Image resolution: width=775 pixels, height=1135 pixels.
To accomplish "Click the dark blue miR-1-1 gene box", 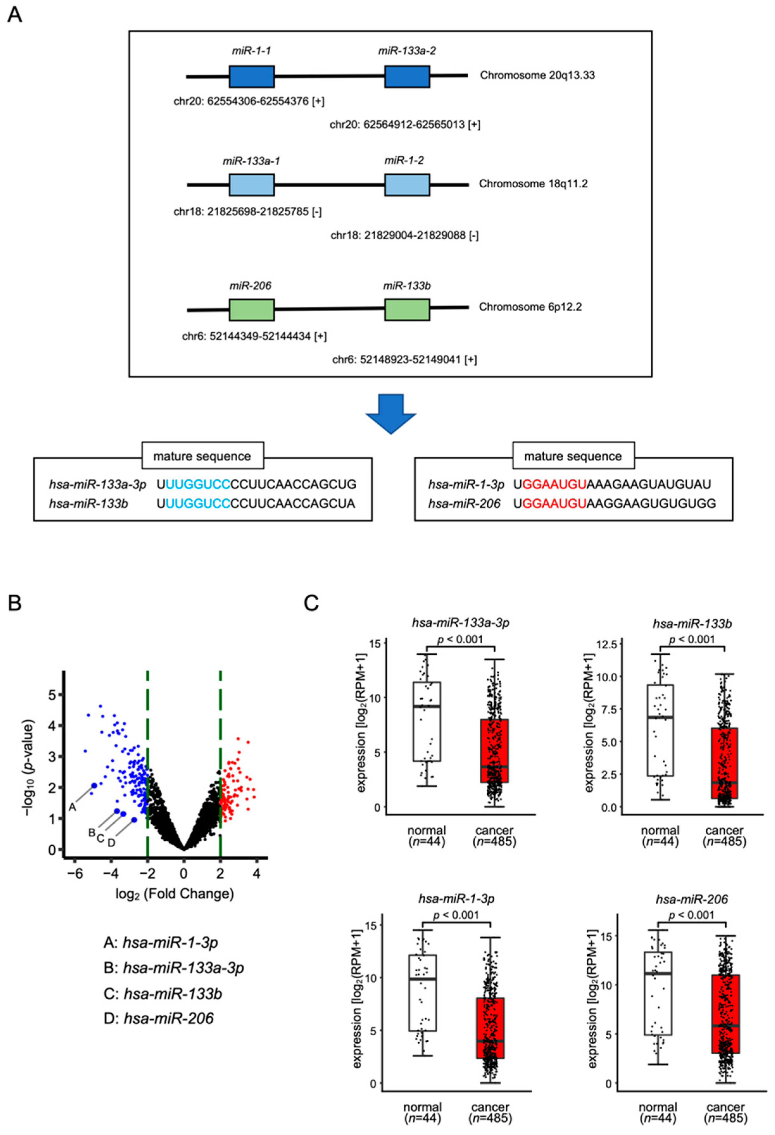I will coord(252,77).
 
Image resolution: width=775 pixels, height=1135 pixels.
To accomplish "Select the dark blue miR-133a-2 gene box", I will coord(407,77).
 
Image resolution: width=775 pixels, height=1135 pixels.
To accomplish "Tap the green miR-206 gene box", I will coord(252,310).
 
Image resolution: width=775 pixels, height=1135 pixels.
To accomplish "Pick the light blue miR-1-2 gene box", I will coord(407,185).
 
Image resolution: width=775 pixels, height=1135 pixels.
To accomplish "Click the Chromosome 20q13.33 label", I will coord(537,75).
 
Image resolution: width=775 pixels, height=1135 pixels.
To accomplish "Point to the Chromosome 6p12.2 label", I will coord(530,307).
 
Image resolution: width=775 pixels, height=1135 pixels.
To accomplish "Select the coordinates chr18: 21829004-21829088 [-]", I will coord(404,236).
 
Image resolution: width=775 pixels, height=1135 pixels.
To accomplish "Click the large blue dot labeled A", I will coord(94,785).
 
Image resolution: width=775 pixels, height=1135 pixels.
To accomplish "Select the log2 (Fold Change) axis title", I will coord(174,894).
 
